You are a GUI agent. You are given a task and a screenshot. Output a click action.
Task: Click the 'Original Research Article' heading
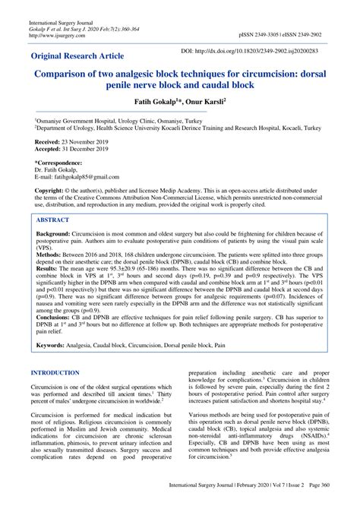click(83, 56)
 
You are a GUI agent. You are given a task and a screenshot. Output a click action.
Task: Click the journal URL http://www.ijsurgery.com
click(58, 34)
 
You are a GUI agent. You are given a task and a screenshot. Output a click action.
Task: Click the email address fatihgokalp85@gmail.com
click(87, 178)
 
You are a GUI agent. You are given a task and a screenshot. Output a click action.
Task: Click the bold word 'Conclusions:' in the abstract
click(54, 317)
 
